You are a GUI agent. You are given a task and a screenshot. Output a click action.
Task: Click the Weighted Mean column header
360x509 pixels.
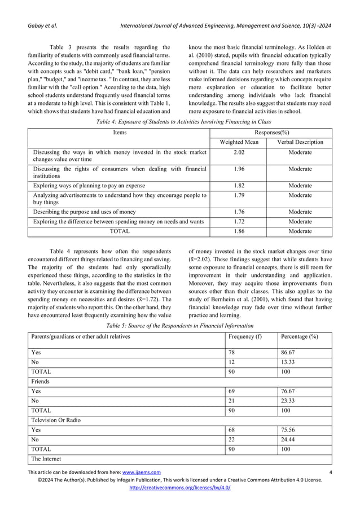238,142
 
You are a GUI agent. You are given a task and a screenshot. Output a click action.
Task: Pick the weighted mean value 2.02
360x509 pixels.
238,152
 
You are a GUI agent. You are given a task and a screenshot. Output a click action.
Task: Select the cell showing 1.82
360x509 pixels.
238,186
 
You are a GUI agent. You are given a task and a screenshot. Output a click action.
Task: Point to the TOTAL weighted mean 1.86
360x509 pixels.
238,231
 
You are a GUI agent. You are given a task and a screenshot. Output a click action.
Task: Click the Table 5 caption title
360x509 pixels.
180,326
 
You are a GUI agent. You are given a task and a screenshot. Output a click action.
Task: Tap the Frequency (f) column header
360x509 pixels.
245,336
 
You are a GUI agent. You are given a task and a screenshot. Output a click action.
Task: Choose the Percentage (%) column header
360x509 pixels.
298,336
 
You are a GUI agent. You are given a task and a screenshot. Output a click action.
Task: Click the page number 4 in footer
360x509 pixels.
330,472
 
